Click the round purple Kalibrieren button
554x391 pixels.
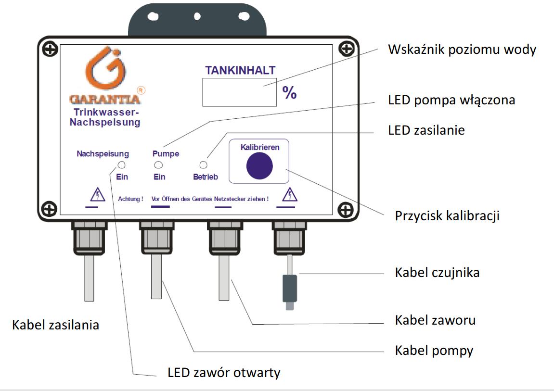(259, 166)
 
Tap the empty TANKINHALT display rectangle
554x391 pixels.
(240, 91)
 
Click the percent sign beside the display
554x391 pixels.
(290, 93)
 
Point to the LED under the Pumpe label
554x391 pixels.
(158, 165)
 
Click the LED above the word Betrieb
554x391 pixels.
(203, 165)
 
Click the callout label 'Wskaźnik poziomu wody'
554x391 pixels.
(462, 49)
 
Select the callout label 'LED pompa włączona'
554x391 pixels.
(451, 100)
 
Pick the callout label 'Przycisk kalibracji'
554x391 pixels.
(447, 215)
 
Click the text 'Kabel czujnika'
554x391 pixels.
(437, 273)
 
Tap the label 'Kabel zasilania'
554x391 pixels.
(56, 325)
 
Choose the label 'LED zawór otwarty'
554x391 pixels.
(224, 372)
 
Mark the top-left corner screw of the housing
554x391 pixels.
(50, 49)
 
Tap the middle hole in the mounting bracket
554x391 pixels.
(197, 16)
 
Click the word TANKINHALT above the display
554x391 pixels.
(240, 70)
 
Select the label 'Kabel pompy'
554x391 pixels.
(434, 351)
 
